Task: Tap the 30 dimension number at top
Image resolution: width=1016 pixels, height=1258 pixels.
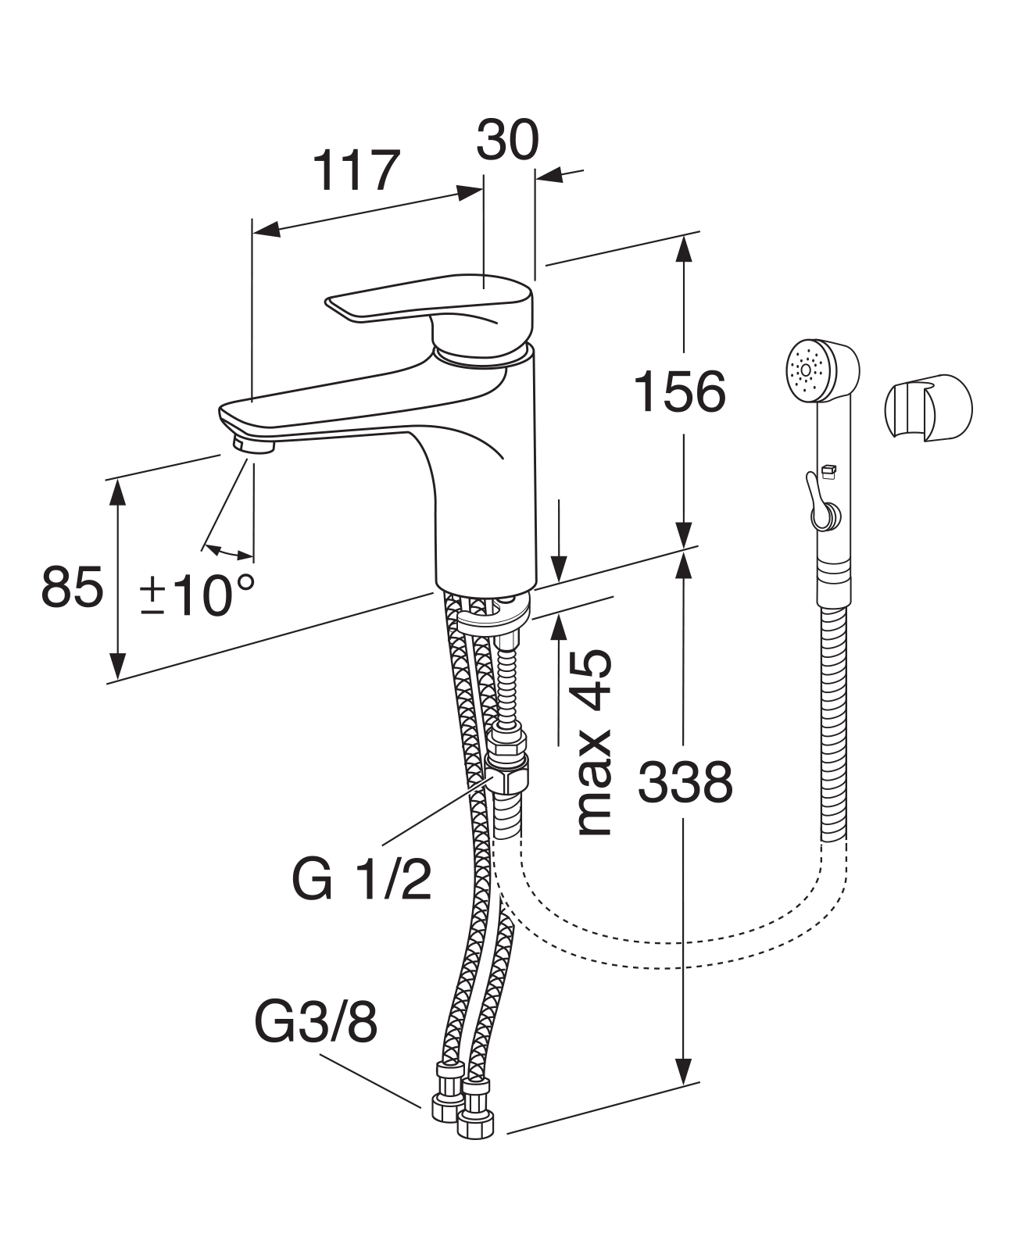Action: (507, 141)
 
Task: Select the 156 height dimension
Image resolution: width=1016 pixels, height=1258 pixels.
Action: (679, 391)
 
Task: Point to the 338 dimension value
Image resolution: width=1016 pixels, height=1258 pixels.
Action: (685, 782)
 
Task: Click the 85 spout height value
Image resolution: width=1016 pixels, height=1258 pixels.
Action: (72, 588)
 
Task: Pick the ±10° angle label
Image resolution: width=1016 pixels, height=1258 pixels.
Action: (197, 595)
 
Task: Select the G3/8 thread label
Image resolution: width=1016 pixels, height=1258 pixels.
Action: (316, 1024)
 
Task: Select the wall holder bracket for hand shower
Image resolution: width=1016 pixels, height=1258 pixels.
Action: (928, 411)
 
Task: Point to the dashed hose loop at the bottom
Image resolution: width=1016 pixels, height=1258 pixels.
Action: (672, 949)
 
